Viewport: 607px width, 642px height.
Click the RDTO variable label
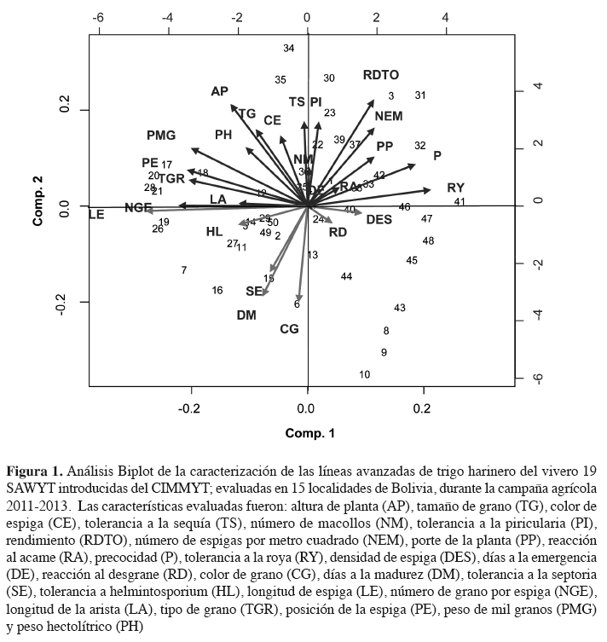click(380, 75)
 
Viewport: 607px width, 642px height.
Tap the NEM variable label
click(388, 116)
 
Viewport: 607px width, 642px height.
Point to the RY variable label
click(455, 188)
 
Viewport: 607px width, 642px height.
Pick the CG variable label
click(289, 329)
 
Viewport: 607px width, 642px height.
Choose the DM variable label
click(246, 315)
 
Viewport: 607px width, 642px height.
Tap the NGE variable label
click(138, 207)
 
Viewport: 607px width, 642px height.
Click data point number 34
click(288, 49)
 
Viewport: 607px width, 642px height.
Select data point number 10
click(364, 374)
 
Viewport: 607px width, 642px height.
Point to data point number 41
click(460, 202)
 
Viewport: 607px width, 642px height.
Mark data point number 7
click(184, 270)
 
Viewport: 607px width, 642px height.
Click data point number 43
click(400, 308)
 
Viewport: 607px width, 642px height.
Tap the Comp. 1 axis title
click(309, 433)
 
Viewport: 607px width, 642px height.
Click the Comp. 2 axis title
click(38, 205)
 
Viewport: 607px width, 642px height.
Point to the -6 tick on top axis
click(98, 17)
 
